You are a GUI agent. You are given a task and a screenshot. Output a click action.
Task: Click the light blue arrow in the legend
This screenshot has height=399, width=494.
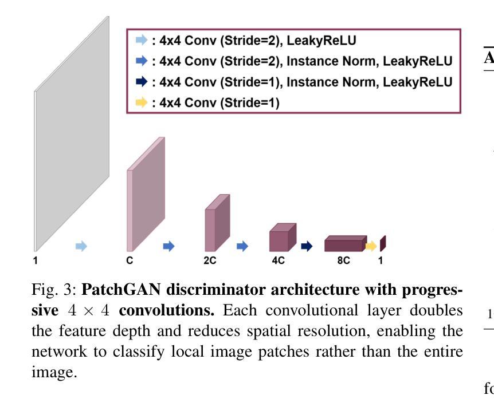tap(140, 40)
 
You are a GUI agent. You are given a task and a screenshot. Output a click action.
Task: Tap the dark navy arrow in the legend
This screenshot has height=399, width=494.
tap(140, 82)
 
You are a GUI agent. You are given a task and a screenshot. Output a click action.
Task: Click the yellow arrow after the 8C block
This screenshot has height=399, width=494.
tap(371, 246)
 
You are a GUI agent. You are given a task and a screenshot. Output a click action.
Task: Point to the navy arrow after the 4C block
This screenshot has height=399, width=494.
tap(307, 246)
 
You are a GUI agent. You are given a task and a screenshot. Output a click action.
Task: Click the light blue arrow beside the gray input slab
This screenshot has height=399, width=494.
tap(82, 246)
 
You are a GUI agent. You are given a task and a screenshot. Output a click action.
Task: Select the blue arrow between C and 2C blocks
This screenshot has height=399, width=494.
tap(169, 246)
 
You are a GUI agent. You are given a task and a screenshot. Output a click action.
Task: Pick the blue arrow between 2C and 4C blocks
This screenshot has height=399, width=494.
tap(243, 246)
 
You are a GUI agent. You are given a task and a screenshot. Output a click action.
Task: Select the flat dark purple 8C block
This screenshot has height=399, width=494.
tap(344, 244)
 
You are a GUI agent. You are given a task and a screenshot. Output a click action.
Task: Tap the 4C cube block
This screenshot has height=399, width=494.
tap(282, 239)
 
